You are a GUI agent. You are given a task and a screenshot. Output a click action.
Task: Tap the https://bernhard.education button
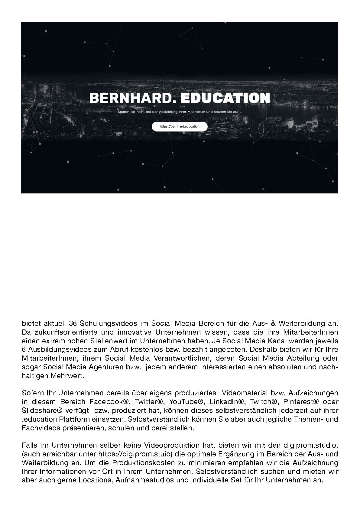(x=180, y=126)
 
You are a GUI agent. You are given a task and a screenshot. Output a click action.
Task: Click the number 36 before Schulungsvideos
(x=73, y=323)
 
